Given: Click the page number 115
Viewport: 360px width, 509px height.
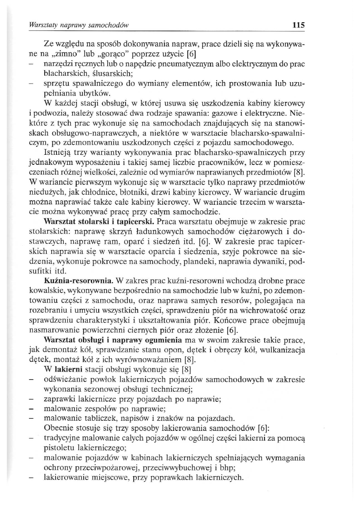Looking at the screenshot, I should point(299,25).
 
